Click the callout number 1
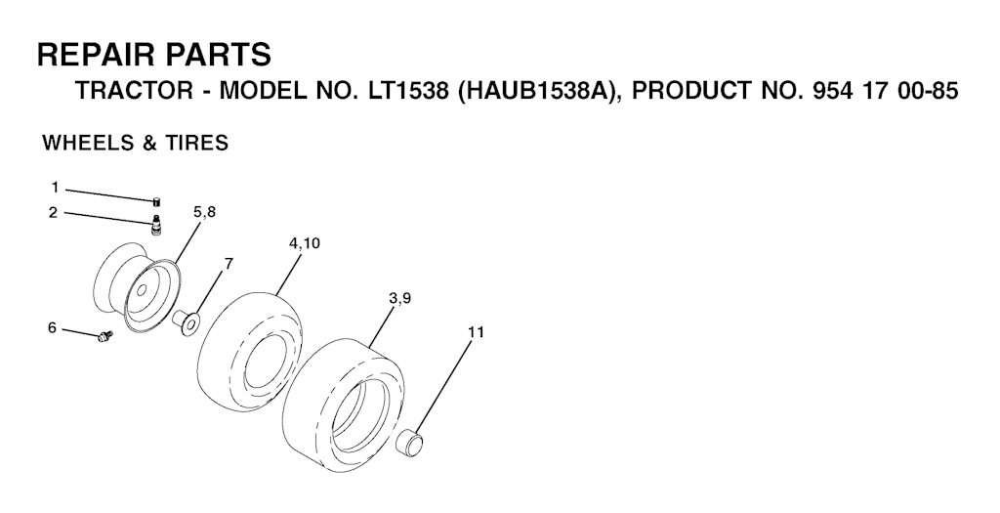point(55,188)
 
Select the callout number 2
point(54,212)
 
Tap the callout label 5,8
point(205,213)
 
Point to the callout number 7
point(229,262)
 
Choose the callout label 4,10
point(305,243)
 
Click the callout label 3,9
point(398,298)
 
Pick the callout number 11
point(476,332)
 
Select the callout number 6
point(53,328)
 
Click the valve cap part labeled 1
point(156,201)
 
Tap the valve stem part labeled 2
point(155,226)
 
